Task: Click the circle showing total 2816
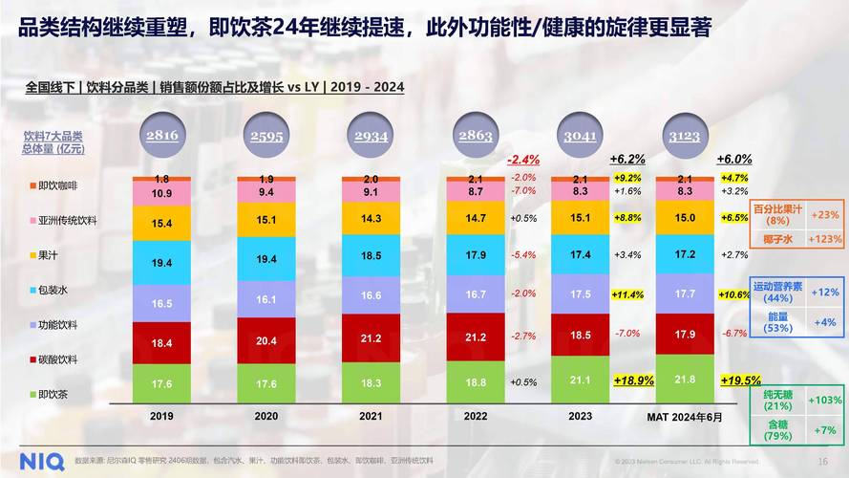tap(161, 136)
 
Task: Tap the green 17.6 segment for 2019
tap(161, 383)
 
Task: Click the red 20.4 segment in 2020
tap(266, 341)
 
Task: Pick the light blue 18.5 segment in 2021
tap(371, 256)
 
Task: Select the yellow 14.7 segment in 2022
tap(475, 219)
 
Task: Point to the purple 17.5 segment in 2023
tap(580, 294)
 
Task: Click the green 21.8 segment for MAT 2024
tap(683, 380)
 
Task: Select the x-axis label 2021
tap(371, 417)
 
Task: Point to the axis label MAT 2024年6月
tap(683, 417)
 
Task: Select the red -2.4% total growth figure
tap(523, 160)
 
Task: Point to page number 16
tap(823, 462)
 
